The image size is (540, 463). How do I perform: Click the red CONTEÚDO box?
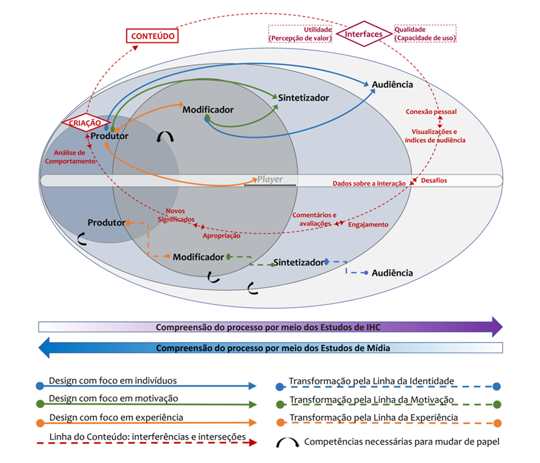pyautogui.click(x=152, y=36)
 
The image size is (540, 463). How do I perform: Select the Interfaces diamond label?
pyautogui.click(x=364, y=34)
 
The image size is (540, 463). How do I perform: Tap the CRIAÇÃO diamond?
pyautogui.click(x=85, y=123)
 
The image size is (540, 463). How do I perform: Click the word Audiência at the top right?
pyautogui.click(x=392, y=84)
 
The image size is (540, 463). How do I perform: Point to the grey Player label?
pyautogui.click(x=270, y=179)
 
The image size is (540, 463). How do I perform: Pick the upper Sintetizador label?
pyautogui.click(x=304, y=98)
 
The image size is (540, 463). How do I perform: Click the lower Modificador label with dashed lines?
pyautogui.click(x=198, y=257)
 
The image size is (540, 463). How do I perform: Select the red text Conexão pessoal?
pyautogui.click(x=431, y=112)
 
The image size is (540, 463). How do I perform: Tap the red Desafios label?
pyautogui.click(x=433, y=181)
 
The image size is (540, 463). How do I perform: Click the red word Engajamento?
pyautogui.click(x=368, y=224)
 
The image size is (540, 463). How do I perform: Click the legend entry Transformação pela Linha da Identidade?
pyautogui.click(x=372, y=381)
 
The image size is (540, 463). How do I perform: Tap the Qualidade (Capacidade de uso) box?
pyautogui.click(x=425, y=34)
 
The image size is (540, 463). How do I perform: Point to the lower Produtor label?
pyautogui.click(x=106, y=223)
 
